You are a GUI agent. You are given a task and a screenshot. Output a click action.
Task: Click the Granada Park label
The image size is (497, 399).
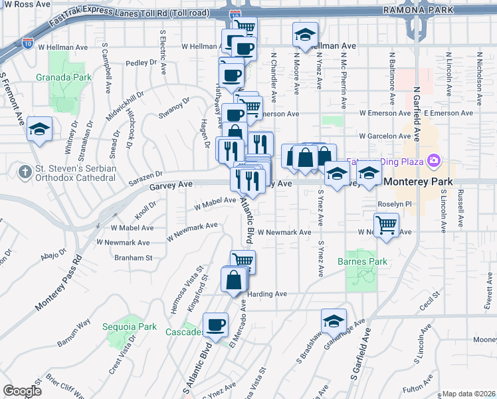pos(73,78)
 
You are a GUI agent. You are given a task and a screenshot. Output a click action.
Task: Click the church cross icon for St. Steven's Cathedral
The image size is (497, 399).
pos(25,172)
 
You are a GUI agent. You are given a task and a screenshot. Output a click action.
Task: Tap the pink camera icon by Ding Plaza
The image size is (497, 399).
pos(435,160)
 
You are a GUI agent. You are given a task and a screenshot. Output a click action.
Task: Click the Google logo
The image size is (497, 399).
pos(22,390)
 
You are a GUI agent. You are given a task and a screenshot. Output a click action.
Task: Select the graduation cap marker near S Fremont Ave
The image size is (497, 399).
pos(40,128)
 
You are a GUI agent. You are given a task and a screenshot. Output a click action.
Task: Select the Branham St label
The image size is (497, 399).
pos(134,257)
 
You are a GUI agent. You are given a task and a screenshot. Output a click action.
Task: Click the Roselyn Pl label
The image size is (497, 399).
pos(395,204)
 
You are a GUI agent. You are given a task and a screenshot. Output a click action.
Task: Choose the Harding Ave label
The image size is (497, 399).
pos(267,294)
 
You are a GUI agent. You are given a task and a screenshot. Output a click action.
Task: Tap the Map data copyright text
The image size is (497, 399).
pos(468,394)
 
